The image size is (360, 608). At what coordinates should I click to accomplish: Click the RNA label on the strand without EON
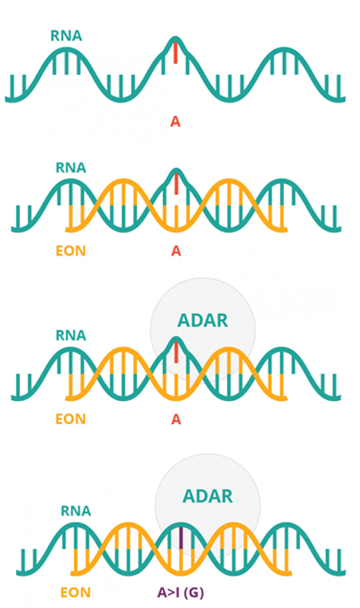[66, 35]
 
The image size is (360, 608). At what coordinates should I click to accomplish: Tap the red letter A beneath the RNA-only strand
[175, 122]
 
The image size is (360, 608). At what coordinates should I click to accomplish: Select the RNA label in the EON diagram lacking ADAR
[71, 168]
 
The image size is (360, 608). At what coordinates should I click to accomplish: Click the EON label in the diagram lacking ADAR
[71, 251]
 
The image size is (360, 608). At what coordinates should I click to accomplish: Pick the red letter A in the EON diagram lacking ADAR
[176, 251]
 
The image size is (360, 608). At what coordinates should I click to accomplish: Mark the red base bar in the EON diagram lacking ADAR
[176, 184]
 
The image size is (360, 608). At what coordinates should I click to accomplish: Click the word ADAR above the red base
[202, 320]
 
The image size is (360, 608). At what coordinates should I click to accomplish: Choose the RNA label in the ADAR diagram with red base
[71, 335]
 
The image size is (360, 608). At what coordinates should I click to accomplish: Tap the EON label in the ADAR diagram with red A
[71, 419]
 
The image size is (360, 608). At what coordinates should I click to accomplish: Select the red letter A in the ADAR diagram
[176, 419]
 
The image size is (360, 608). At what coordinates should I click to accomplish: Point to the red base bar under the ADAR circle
[176, 352]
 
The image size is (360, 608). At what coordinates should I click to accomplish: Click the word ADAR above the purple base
[208, 496]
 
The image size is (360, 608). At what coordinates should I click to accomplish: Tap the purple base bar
[181, 537]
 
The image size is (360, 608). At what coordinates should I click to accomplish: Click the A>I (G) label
[180, 592]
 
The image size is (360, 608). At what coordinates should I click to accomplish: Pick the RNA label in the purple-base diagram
[76, 511]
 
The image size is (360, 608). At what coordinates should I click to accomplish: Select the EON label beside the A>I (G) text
[75, 593]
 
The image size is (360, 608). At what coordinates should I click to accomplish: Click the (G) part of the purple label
[194, 593]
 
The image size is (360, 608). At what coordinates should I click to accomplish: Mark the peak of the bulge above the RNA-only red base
[175, 37]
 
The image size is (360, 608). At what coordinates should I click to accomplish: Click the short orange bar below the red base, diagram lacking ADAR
[176, 213]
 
